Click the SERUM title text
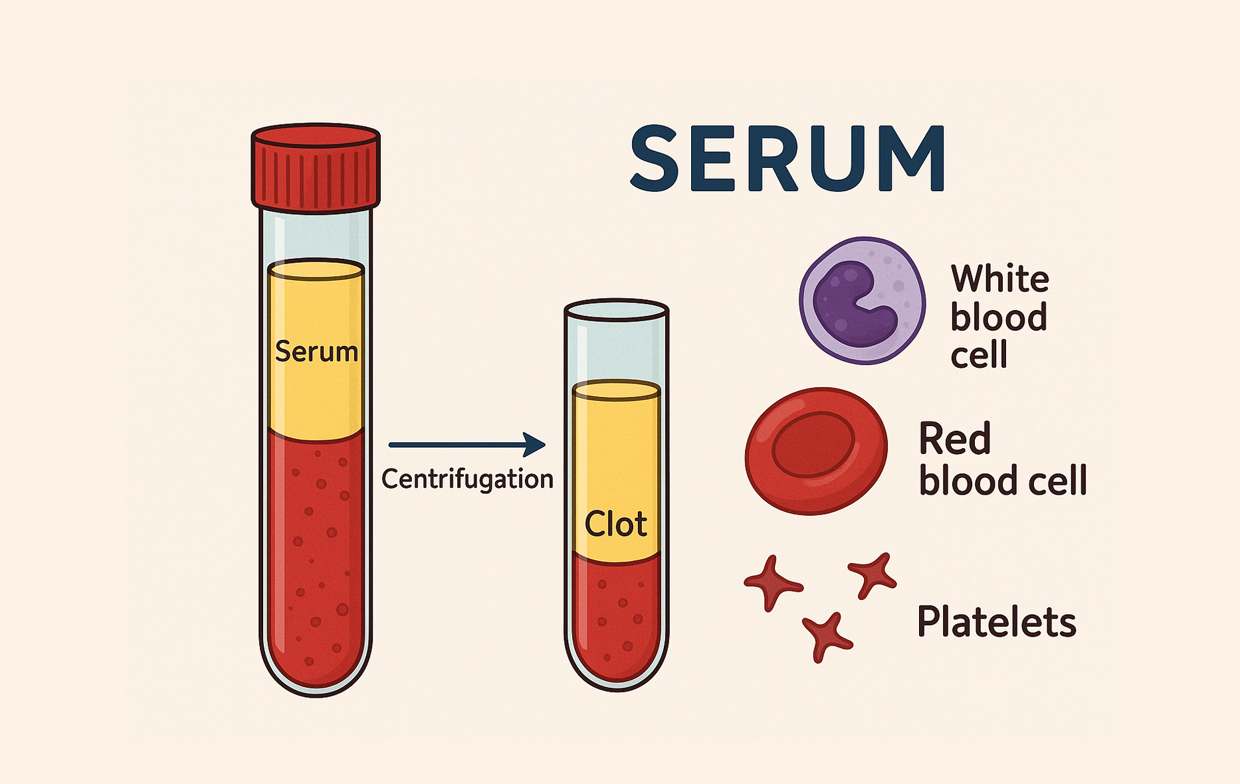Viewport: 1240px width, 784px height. [787, 159]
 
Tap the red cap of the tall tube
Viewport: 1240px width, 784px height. [316, 168]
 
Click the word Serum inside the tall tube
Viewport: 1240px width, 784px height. [316, 351]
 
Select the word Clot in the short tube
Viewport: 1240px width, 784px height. [615, 524]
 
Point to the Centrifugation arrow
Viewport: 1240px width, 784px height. [467, 444]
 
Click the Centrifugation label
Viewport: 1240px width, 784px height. [467, 479]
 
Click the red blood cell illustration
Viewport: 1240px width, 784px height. [816, 451]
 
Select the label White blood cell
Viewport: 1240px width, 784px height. [999, 317]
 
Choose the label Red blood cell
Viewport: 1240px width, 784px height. [1002, 459]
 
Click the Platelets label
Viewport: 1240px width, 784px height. [996, 622]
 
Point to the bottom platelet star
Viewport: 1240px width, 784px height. [826, 637]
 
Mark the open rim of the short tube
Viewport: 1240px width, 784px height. [616, 310]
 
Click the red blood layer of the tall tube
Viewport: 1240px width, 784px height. [316, 558]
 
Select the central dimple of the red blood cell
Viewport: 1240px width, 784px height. [813, 444]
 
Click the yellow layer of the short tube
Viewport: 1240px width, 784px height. [616, 471]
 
